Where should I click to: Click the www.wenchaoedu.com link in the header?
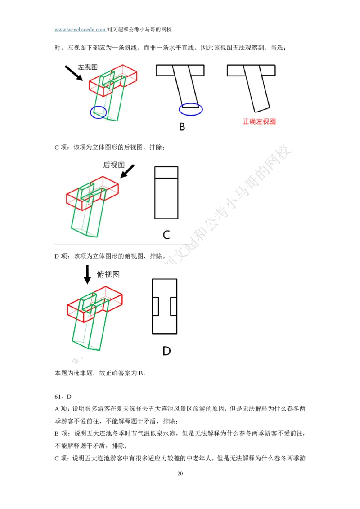[80, 30]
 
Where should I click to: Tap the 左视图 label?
[88, 67]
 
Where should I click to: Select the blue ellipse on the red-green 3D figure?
[99, 112]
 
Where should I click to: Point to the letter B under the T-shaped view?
[182, 127]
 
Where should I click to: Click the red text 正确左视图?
[259, 121]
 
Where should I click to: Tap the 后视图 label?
[114, 165]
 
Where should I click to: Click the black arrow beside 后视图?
[127, 171]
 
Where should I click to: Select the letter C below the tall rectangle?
[166, 235]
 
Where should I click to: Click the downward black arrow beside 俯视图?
[87, 275]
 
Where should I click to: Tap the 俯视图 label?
[108, 274]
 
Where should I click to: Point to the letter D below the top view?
[166, 351]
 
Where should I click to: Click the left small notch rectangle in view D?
[155, 306]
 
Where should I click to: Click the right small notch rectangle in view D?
[174, 306]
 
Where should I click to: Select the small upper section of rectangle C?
[166, 172]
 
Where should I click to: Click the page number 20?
[180, 473]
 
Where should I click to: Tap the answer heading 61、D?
[63, 397]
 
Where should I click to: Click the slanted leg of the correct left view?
[257, 88]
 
